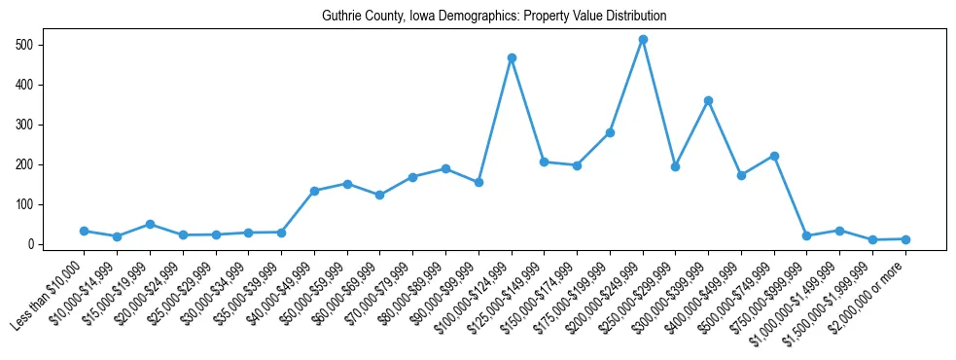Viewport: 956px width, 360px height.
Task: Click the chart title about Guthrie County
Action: pyautogui.click(x=495, y=16)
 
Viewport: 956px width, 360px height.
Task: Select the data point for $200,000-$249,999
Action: pyautogui.click(x=643, y=40)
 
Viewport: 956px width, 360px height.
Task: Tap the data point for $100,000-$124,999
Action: pyautogui.click(x=512, y=58)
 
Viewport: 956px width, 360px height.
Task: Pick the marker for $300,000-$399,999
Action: pyautogui.click(x=709, y=100)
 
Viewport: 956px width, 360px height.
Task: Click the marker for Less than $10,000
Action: pyautogui.click(x=85, y=231)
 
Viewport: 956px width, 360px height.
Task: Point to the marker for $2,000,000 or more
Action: pyautogui.click(x=905, y=239)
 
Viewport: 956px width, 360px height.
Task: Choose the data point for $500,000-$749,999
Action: pyautogui.click(x=774, y=156)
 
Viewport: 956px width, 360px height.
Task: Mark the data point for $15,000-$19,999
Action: pyautogui.click(x=150, y=224)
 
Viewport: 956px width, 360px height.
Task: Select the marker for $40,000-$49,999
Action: pyautogui.click(x=314, y=191)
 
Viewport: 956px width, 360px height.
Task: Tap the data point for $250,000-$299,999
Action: pyautogui.click(x=676, y=166)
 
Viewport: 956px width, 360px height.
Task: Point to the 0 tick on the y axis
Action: pyautogui.click(x=32, y=244)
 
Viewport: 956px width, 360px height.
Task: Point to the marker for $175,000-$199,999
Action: pyautogui.click(x=610, y=132)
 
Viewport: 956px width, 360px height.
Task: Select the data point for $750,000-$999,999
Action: pyautogui.click(x=807, y=235)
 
